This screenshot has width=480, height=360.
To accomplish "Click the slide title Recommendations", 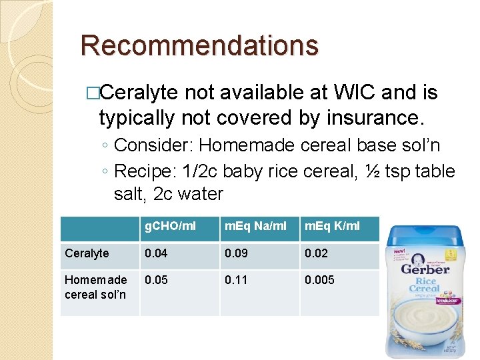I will (x=199, y=45).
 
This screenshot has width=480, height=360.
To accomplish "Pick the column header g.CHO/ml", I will (x=171, y=226).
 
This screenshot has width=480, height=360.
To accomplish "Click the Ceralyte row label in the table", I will (x=87, y=253).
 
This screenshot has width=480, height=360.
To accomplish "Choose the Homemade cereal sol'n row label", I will (x=95, y=287).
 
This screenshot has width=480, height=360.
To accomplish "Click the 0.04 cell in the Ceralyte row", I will (x=156, y=253).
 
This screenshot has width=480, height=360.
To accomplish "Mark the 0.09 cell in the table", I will (x=236, y=253).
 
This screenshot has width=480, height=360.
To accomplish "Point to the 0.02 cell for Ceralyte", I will (x=316, y=253).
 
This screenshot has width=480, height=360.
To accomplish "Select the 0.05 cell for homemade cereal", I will (x=156, y=280).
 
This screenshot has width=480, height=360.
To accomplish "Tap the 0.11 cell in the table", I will (x=236, y=280).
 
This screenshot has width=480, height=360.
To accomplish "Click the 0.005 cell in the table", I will (x=319, y=280).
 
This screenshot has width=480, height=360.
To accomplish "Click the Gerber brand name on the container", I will (x=425, y=269).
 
